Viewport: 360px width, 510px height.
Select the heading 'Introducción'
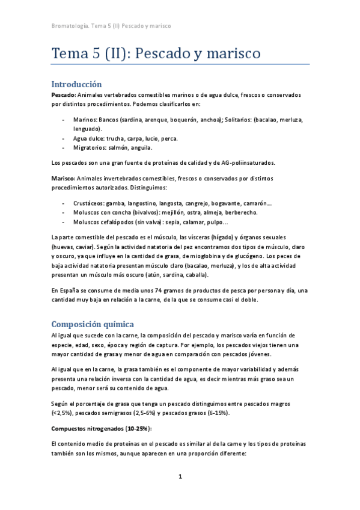click(x=76, y=84)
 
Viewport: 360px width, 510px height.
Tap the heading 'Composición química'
click(x=96, y=324)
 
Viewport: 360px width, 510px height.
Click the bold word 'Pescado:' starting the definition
click(x=63, y=95)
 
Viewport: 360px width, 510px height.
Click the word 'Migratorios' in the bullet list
click(x=88, y=147)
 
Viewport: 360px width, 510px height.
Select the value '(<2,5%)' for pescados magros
click(x=62, y=414)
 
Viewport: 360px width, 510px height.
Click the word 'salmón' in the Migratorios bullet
click(x=122, y=147)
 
